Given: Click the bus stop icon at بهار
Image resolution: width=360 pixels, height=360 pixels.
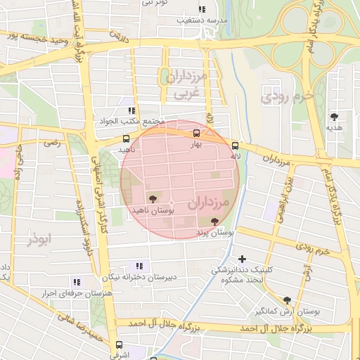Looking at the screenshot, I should coord(196,132).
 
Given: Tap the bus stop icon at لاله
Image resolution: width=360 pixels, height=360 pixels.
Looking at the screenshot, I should coord(235,146).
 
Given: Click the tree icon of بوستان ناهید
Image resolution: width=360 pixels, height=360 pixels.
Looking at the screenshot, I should coord(153,200).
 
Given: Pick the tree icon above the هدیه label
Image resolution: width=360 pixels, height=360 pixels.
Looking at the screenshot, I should coord(333,117).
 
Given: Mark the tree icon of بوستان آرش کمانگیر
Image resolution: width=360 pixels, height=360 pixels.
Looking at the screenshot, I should coord(287,300).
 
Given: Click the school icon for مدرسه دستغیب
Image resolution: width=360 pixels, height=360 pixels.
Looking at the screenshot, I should coord(202,10).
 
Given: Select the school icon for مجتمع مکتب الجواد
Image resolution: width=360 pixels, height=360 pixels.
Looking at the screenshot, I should coord(131,110).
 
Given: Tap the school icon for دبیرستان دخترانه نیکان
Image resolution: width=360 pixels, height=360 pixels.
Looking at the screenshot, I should coord(139,266).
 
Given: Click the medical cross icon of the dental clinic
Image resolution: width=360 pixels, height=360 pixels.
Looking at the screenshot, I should coord(243,259).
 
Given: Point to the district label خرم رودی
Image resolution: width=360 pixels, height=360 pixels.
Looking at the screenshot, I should coord(285,97).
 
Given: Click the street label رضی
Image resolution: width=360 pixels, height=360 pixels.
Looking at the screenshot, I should coord(51,143).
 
